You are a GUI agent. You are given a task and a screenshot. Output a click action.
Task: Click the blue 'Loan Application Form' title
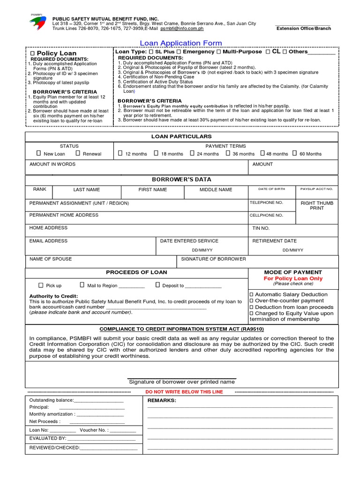coord(181,43)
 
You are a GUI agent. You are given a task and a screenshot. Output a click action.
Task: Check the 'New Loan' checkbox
coord(39,153)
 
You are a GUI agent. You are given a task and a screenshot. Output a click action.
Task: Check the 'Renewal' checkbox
coord(78,153)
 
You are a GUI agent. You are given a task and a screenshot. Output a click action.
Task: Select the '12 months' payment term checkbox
coord(120,153)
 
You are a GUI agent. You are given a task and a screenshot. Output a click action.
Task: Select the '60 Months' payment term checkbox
coord(294,153)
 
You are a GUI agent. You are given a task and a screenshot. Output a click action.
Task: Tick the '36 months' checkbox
coord(228,153)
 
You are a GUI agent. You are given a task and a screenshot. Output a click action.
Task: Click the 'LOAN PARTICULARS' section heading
coord(181,136)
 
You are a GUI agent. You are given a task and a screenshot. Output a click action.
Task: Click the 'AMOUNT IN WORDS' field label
coord(52,165)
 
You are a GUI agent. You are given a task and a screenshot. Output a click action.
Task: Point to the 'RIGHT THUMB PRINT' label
coord(317,205)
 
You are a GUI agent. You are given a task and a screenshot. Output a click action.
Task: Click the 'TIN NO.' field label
coord(261,228)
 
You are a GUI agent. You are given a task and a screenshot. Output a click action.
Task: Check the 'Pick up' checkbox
coord(41,285)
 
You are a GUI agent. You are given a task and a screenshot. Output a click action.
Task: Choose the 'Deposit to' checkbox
coord(158,285)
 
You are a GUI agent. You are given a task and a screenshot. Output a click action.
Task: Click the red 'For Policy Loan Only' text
coord(293,278)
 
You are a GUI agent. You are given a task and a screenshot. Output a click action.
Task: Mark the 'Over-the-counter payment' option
coord(251,300)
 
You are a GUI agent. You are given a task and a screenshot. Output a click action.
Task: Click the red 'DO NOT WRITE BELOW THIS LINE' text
coord(184,392)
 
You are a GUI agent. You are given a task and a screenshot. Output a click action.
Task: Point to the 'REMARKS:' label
coord(162,401)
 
